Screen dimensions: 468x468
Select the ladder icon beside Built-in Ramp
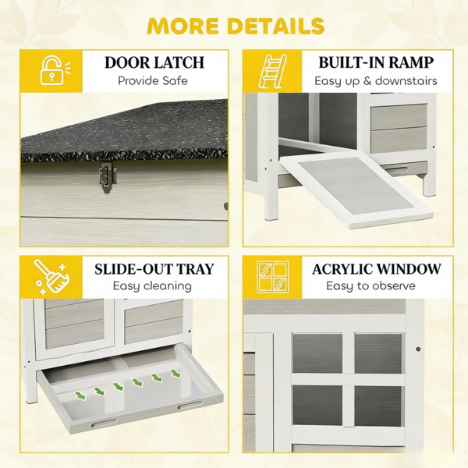click(x=272, y=72)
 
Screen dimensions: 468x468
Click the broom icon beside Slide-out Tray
click(x=52, y=276)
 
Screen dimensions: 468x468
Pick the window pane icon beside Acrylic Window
click(x=273, y=277)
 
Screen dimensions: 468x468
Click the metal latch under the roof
click(x=105, y=177)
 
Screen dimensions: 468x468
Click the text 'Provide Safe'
click(x=153, y=80)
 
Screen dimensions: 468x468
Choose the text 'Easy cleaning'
click(x=152, y=286)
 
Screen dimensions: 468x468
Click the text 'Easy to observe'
click(x=370, y=286)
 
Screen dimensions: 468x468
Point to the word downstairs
click(x=406, y=80)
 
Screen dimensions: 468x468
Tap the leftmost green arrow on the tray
click(x=80, y=395)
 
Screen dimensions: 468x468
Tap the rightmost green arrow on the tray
click(x=175, y=373)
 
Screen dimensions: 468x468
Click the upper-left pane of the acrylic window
click(x=317, y=353)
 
